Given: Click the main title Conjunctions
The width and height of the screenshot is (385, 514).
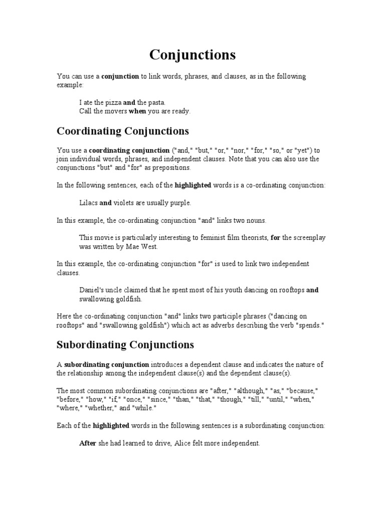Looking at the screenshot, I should pyautogui.click(x=192, y=54).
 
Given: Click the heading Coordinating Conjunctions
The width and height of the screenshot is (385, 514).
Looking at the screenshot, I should pyautogui.click(x=123, y=131).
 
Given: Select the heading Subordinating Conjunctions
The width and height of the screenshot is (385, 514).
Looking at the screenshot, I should pyautogui.click(x=125, y=345).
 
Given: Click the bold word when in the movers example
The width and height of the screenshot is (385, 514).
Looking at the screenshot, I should pyautogui.click(x=137, y=111).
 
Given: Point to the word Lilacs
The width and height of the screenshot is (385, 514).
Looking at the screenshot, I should pyautogui.click(x=88, y=203).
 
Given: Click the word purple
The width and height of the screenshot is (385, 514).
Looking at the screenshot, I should pyautogui.click(x=180, y=203).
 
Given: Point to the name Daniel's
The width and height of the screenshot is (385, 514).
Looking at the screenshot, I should pyautogui.click(x=92, y=290).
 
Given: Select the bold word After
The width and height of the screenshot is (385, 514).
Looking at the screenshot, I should pyautogui.click(x=88, y=443).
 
